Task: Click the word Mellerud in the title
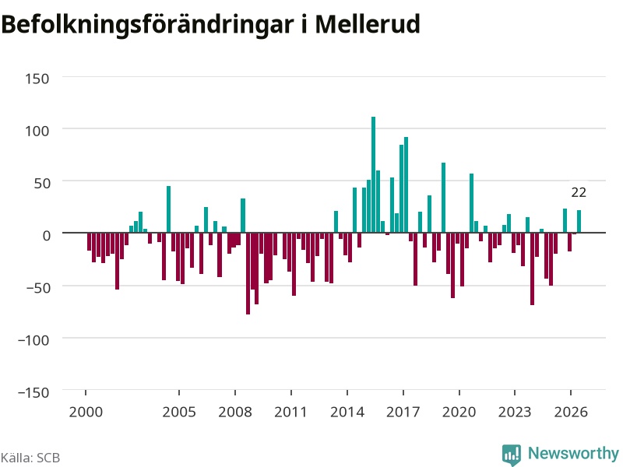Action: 368,24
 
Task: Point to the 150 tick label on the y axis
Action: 37,79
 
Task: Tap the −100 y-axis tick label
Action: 33,340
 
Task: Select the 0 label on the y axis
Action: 47,236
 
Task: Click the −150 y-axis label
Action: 33,392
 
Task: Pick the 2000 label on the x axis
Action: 86,412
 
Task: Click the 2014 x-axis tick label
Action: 347,412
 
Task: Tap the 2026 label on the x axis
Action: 571,412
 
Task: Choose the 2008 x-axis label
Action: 235,412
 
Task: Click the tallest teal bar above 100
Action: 374,174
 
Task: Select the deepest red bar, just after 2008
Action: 248,274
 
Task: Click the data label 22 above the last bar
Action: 579,192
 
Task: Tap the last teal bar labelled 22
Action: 579,221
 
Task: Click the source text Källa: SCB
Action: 30,458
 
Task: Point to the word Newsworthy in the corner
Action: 573,453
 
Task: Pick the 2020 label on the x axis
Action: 459,412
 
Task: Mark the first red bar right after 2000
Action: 89,241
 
